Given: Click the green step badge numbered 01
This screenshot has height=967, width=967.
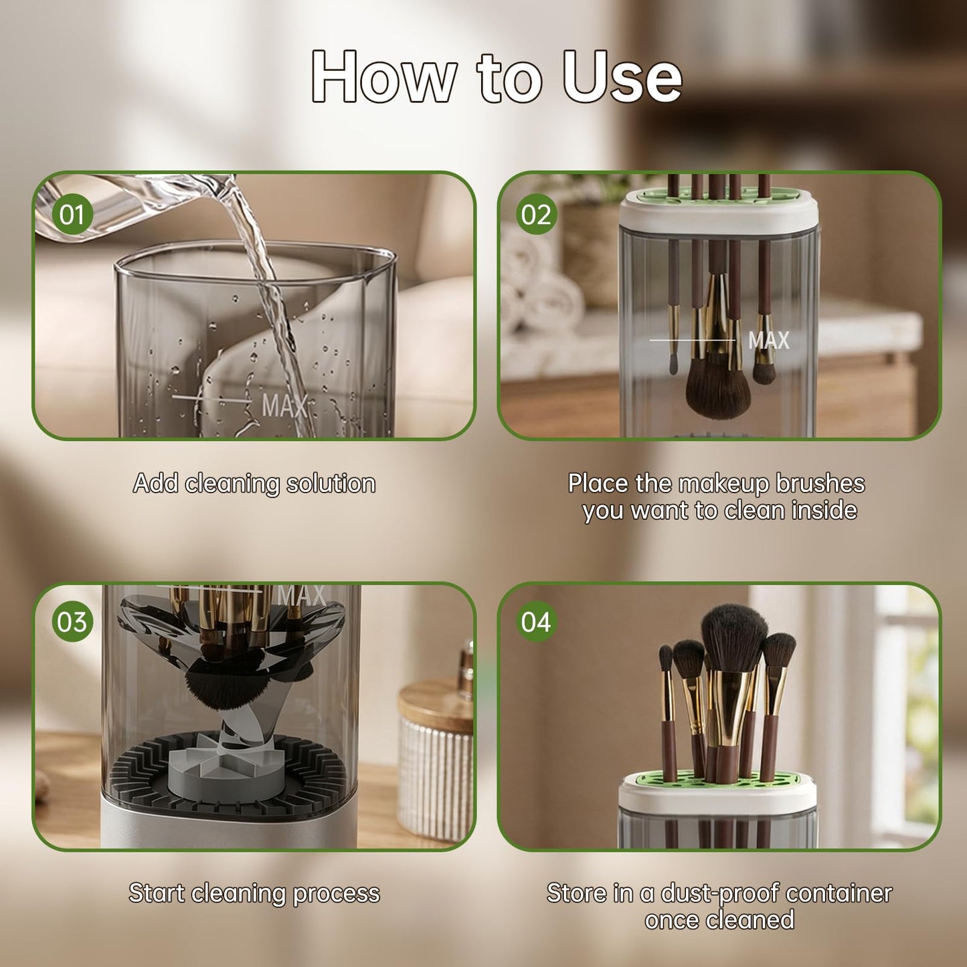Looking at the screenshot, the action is click(x=72, y=214).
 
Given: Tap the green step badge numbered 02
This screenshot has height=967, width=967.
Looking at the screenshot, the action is click(x=537, y=214).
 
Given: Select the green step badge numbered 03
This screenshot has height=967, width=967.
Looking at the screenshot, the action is click(x=72, y=622).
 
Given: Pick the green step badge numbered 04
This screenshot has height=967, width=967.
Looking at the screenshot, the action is click(x=537, y=622).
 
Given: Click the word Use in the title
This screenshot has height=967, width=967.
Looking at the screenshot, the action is click(x=622, y=78).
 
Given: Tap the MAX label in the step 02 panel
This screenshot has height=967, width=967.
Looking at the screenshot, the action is click(x=769, y=340).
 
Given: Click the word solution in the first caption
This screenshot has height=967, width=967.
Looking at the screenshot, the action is click(x=331, y=483).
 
